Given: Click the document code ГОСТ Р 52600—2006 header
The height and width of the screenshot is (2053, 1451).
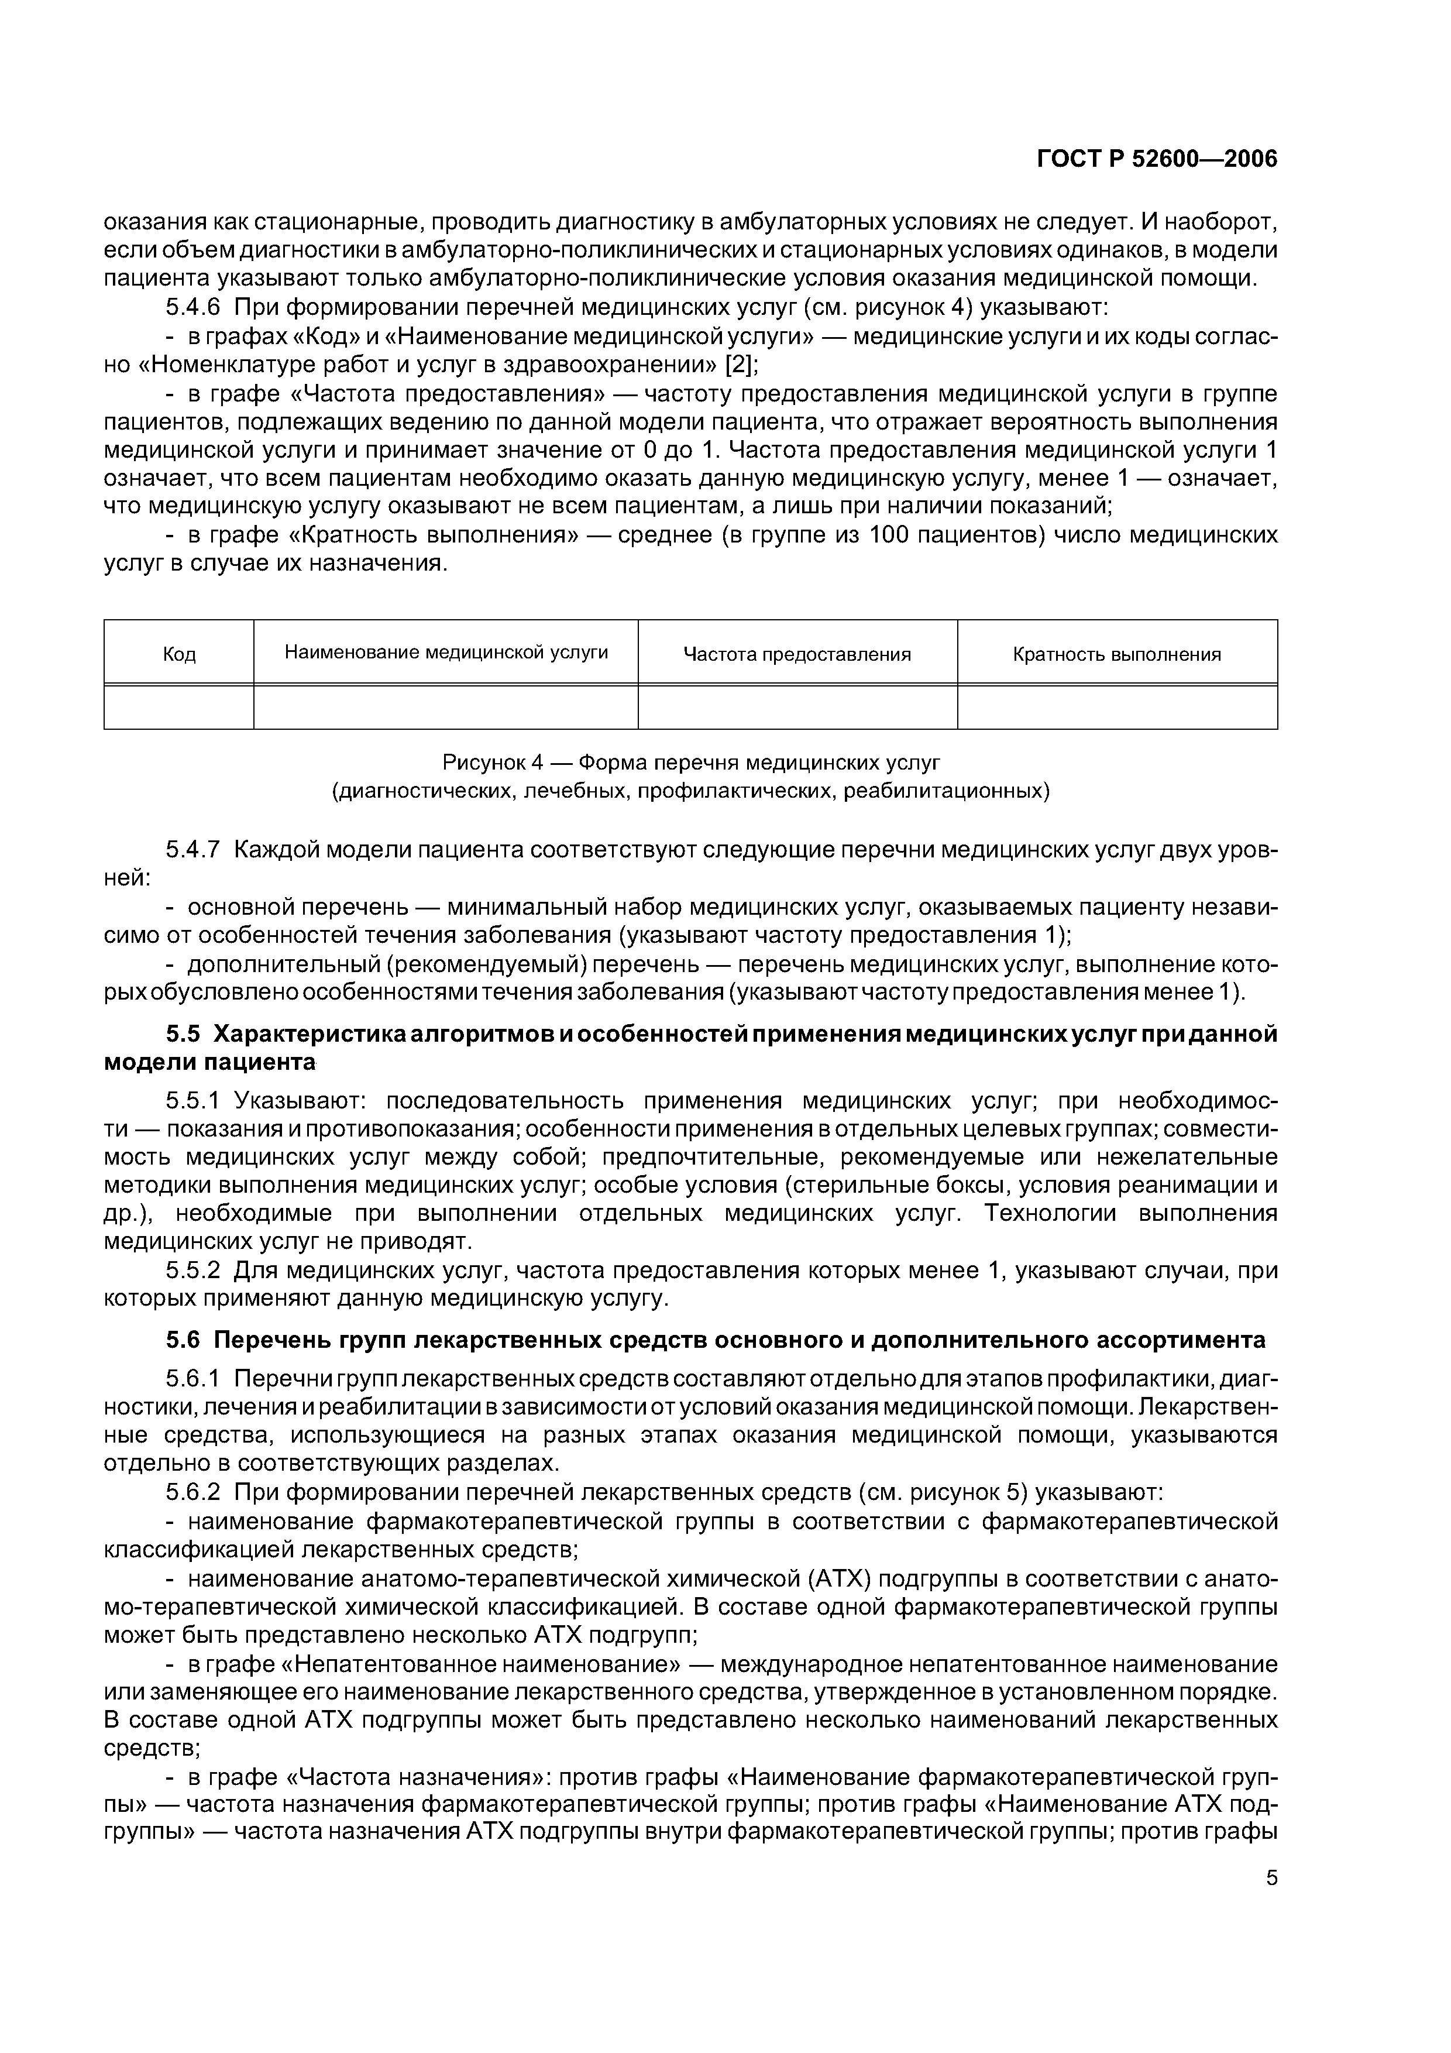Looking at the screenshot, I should click(1157, 159).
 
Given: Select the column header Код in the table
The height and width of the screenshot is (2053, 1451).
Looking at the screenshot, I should click(179, 654).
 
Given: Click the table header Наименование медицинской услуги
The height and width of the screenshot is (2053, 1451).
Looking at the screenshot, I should click(446, 653).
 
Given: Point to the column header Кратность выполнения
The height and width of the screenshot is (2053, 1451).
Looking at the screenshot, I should click(1117, 654).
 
